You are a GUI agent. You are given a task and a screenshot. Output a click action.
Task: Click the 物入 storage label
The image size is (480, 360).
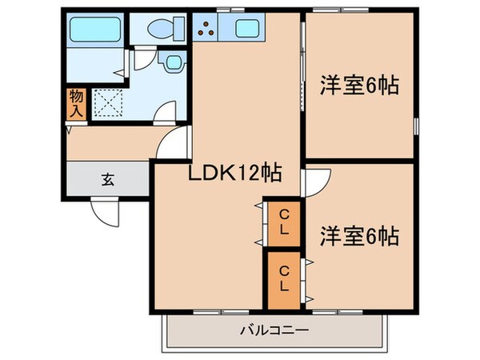[x=74, y=102]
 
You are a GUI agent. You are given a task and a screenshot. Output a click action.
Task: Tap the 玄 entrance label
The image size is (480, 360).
[x=106, y=179]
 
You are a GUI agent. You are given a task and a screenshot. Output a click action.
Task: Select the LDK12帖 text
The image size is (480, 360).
[x=224, y=172]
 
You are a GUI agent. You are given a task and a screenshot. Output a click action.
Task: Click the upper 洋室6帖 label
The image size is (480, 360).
[x=360, y=85]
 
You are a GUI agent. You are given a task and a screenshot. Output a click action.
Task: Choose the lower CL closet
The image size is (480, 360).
[x=283, y=279]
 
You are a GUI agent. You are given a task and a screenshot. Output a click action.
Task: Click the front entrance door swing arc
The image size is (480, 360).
[x=106, y=213]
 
